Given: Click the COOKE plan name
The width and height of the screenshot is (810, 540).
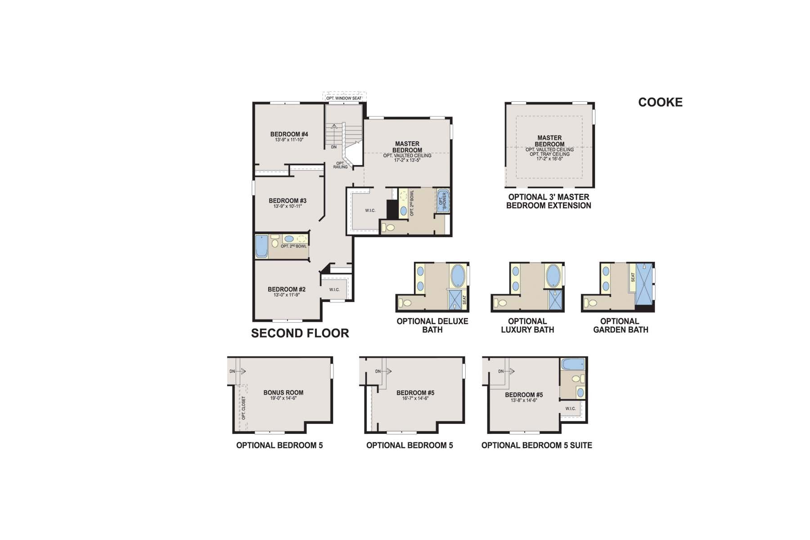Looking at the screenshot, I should tap(660, 102).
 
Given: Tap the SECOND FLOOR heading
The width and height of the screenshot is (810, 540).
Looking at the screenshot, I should tap(300, 333).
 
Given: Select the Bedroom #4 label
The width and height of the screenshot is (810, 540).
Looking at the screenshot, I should tap(289, 134).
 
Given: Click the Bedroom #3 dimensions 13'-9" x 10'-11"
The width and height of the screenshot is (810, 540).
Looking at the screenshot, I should tap(288, 206).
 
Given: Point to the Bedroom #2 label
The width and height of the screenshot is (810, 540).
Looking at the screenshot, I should tap(286, 289).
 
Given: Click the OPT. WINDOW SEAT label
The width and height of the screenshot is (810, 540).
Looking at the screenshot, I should tap(344, 98).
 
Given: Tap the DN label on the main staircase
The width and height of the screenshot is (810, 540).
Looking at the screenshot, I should tap(333, 147).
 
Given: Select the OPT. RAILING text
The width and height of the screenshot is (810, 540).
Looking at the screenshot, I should tap(340, 165).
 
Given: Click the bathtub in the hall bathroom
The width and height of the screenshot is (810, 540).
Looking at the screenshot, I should tap(261, 246).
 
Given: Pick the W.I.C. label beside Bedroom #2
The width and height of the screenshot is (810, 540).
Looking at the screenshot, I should tap(334, 289).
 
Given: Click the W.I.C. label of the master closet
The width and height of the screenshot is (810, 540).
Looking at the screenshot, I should tap(370, 211).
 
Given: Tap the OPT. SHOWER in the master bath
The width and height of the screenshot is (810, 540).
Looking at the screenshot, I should tap(442, 201).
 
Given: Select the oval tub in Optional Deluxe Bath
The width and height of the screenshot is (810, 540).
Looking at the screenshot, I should tap(458, 275).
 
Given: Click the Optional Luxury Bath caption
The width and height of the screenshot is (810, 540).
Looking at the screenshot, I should tap(527, 325).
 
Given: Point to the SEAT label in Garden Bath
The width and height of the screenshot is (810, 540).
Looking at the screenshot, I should tap(633, 278).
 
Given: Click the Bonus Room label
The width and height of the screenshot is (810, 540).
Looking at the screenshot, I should tap(283, 392).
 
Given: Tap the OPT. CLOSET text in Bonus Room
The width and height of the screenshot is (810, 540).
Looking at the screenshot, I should tap(244, 408).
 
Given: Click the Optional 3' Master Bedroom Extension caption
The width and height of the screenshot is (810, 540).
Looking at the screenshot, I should tap(549, 201).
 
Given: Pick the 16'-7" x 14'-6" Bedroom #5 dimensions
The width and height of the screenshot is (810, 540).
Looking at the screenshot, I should tap(415, 399).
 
